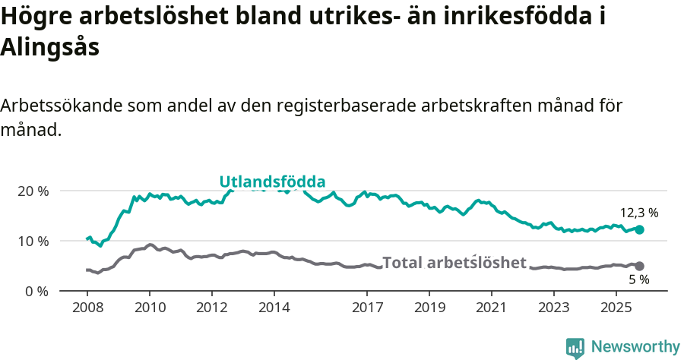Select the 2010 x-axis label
point(149,309)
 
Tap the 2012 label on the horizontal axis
point(211,309)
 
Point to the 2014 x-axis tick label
point(274,309)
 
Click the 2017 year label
point(367,309)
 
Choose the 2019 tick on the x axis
point(429,309)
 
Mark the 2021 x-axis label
point(492,309)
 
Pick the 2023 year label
point(553,309)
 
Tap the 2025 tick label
point(616,309)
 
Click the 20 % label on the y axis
point(32,191)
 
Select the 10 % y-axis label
point(32,241)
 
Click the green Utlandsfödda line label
point(272,182)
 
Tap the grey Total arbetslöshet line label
point(454,263)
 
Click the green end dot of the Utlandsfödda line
point(640,229)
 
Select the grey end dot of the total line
point(640,266)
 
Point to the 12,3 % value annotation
point(639,213)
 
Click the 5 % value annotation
point(639,279)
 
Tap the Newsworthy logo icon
point(575,348)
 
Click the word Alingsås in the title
point(50,47)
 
